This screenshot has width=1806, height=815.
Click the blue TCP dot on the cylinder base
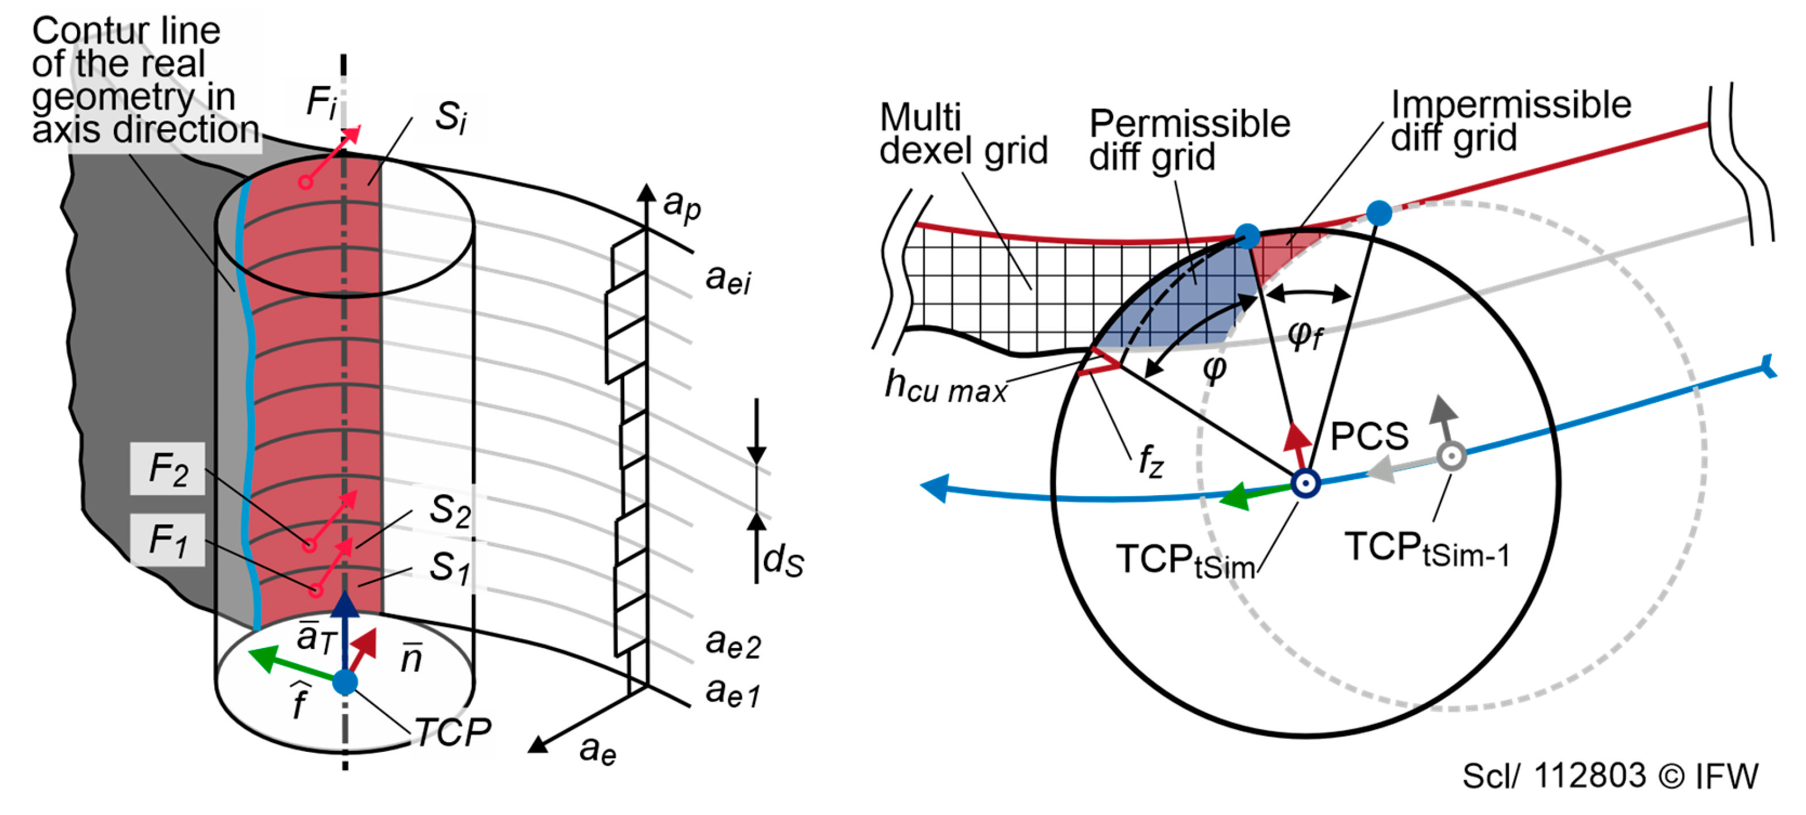(x=345, y=681)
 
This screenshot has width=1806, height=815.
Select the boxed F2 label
(x=168, y=469)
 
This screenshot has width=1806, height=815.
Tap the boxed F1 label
(x=168, y=540)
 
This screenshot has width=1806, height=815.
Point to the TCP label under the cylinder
(x=453, y=732)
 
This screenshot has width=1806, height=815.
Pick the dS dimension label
(x=783, y=562)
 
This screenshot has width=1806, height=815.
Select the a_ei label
(x=728, y=279)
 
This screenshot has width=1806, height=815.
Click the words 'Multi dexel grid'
(x=963, y=134)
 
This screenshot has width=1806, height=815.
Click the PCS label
(x=1369, y=436)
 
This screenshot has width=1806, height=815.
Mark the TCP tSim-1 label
(x=1427, y=549)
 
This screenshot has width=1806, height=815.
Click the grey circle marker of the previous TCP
(x=1451, y=456)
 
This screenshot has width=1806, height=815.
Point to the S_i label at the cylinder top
(x=451, y=117)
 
